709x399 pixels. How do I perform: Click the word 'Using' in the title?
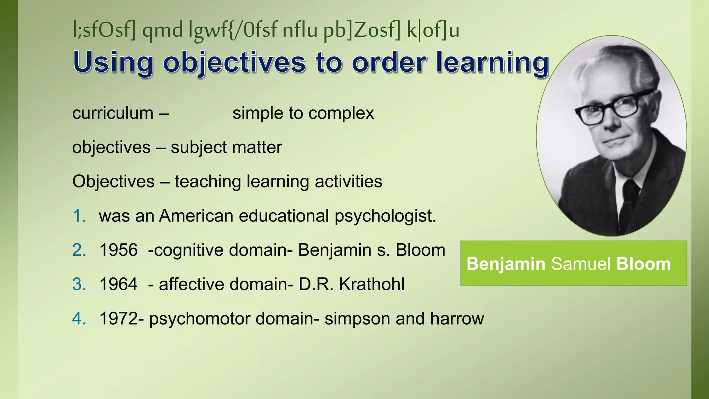[113, 63]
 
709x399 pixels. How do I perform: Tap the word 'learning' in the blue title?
[492, 63]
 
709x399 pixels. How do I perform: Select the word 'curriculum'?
[113, 113]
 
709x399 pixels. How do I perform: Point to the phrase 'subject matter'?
[226, 148]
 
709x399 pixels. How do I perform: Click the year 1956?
[118, 250]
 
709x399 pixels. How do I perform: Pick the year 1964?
[118, 284]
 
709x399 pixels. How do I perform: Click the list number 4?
[79, 319]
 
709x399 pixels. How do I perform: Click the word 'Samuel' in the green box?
[581, 264]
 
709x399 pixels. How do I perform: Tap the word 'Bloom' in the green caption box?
[644, 264]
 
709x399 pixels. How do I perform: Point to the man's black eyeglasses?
[613, 107]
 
